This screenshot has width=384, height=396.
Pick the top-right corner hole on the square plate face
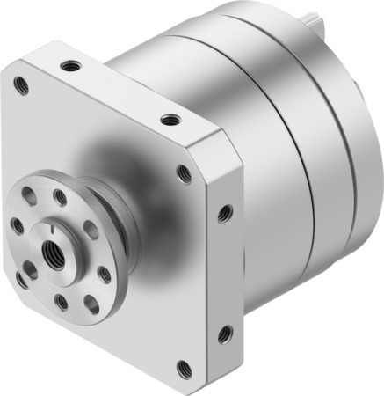point(184,174)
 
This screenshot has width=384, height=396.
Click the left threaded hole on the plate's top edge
point(68,64)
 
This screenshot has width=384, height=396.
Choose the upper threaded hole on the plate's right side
point(224,211)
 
